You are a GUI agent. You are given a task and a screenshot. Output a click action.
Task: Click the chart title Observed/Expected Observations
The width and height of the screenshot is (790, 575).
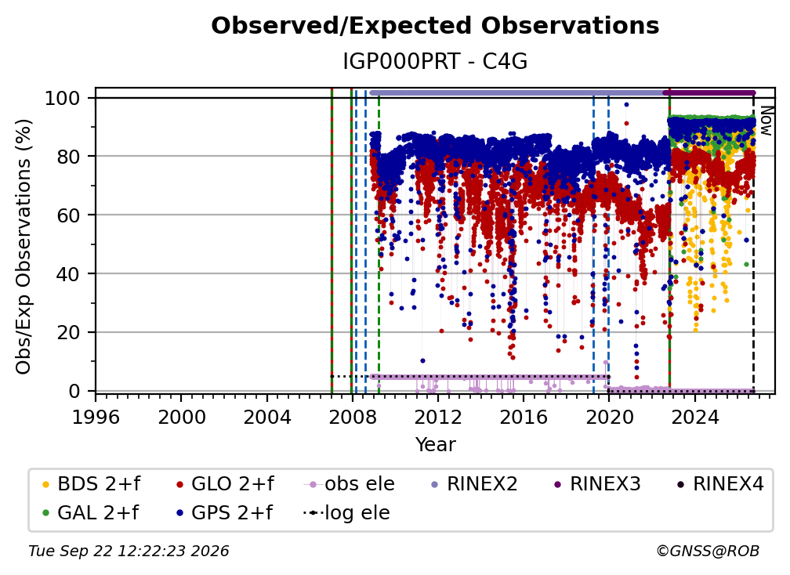435,26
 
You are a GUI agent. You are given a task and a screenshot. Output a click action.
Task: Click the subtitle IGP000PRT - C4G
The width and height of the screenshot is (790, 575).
435,62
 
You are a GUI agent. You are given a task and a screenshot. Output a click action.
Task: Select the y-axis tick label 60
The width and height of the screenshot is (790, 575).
68,215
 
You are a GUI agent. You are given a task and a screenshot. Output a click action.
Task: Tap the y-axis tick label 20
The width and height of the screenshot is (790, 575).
68,332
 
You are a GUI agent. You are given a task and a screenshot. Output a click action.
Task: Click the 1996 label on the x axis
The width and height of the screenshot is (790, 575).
96,417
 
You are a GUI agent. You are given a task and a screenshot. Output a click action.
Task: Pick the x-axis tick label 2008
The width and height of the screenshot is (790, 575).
352,417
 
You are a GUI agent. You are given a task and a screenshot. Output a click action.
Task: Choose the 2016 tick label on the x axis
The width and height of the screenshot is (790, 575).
523,417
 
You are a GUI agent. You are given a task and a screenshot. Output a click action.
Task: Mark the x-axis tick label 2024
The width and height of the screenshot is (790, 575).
694,417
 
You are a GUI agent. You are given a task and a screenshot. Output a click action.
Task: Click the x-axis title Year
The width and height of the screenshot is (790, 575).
435,445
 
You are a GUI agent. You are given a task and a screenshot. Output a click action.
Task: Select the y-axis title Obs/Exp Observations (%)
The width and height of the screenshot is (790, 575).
24,247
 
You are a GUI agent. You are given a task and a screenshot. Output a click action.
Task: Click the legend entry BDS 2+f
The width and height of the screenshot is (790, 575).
91,484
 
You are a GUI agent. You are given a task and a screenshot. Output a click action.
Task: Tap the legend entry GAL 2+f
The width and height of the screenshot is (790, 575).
90,513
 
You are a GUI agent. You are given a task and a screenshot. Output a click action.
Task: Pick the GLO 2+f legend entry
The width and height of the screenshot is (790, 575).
225,484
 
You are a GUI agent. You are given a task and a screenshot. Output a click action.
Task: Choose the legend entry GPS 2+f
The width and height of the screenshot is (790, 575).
224,513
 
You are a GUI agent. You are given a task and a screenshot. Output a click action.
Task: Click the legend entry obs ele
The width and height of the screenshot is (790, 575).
350,484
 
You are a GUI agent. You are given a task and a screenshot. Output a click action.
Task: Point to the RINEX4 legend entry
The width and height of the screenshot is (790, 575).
720,484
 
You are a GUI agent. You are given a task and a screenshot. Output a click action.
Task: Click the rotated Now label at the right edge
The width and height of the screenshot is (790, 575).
766,121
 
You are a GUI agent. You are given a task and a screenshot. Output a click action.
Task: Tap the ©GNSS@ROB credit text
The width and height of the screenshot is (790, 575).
708,551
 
